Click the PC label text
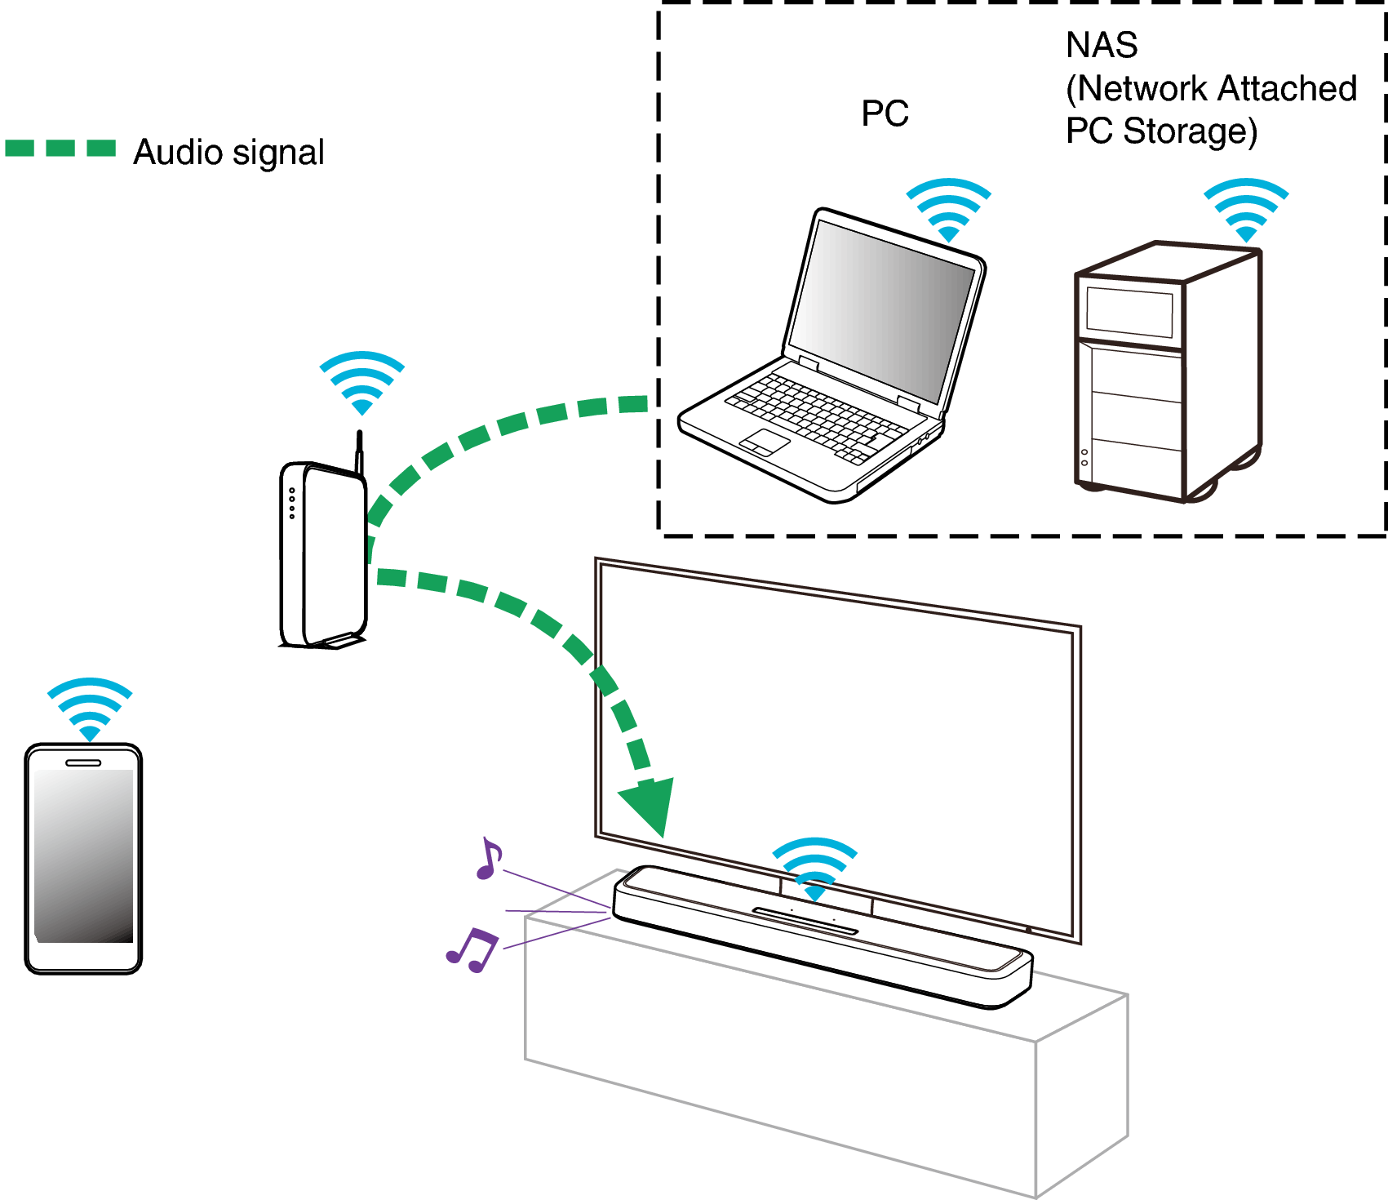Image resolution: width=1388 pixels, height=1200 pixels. tap(885, 113)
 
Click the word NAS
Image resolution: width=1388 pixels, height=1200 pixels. tap(1101, 46)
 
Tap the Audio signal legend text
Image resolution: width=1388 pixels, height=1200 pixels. tap(228, 153)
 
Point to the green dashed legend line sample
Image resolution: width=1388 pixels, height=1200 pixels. tap(60, 148)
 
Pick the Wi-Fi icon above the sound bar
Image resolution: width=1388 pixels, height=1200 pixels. tap(814, 869)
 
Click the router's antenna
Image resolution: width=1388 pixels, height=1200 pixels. tap(359, 451)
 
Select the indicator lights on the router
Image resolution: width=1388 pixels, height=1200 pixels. tap(291, 503)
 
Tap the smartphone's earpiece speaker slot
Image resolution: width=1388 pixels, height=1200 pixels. tap(83, 762)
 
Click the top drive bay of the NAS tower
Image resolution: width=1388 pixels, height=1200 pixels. tap(1129, 311)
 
